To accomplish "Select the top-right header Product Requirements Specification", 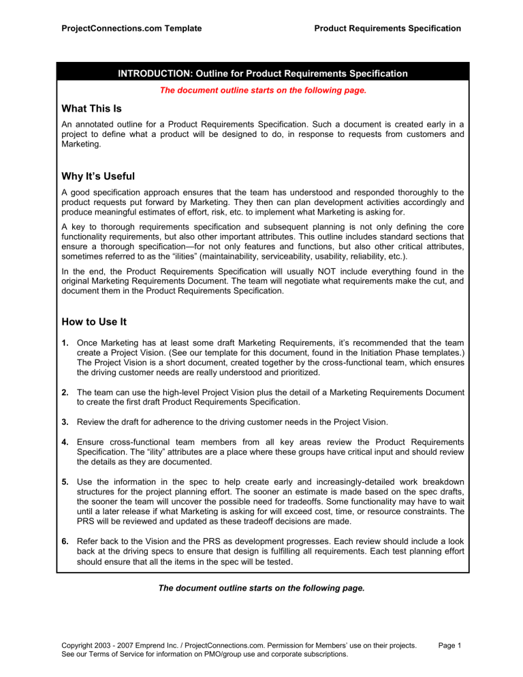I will [387, 28].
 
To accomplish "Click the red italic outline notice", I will [261, 90].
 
